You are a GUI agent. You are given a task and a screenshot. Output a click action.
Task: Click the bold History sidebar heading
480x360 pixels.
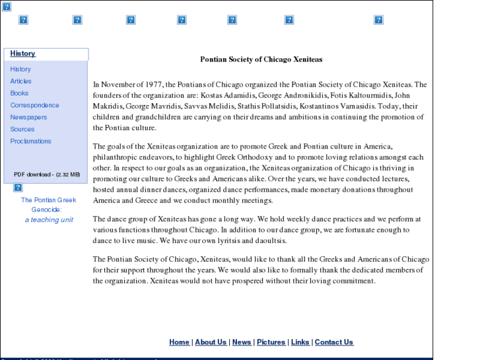22,54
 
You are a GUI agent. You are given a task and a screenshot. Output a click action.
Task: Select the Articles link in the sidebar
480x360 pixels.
20,81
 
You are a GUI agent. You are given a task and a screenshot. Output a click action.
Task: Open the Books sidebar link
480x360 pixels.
19,93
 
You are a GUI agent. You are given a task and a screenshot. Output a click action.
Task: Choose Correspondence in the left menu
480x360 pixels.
34,105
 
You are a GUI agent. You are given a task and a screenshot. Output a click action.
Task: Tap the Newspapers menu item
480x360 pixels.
28,117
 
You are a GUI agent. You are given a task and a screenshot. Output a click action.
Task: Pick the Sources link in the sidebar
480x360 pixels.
22,129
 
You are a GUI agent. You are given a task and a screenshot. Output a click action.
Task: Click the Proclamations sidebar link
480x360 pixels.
30,141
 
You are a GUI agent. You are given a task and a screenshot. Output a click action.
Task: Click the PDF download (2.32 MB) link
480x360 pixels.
47,174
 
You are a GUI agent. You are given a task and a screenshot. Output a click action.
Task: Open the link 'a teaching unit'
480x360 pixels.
49,220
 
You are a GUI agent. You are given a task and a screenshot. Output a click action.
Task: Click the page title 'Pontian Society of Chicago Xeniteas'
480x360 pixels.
261,59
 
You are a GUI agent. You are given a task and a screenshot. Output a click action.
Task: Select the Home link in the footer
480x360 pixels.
179,342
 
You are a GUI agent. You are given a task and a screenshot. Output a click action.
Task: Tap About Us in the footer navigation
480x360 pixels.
211,342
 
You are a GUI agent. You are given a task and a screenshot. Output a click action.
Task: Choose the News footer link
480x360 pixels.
242,342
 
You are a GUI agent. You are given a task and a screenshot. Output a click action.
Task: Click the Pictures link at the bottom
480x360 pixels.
271,342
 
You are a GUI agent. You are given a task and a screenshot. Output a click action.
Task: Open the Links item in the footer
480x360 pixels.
300,342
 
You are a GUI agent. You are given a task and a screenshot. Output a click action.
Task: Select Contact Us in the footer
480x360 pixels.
333,342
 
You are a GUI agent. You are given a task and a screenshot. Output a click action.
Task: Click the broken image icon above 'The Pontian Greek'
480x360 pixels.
18,188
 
